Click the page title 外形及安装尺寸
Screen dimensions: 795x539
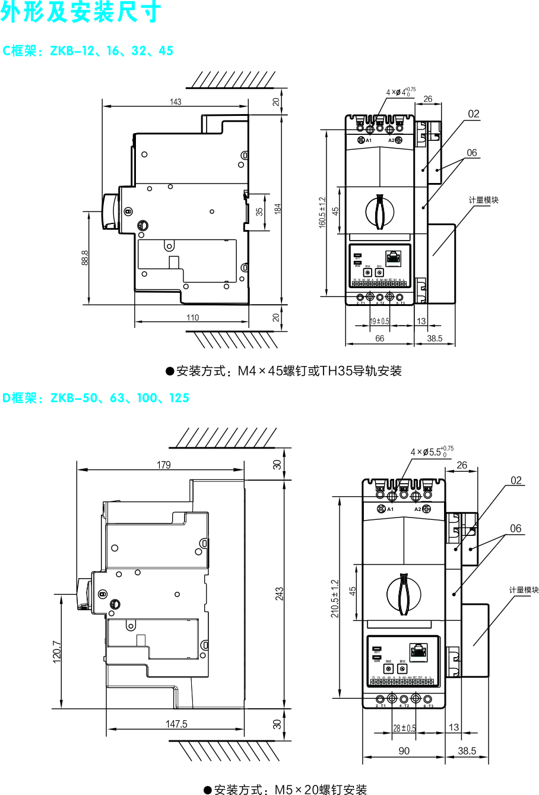(80, 13)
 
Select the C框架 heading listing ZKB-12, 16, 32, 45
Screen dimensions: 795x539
(88, 51)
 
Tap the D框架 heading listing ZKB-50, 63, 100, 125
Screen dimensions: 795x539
(96, 398)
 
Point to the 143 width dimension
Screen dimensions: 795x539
(175, 102)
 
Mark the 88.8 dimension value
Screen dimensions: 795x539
(85, 257)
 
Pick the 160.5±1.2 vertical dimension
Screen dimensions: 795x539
(322, 212)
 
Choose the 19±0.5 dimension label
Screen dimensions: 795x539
(380, 321)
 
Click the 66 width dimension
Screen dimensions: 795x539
(380, 339)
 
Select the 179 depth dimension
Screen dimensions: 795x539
(163, 465)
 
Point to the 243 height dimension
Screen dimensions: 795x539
(280, 594)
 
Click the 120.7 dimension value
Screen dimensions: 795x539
(57, 651)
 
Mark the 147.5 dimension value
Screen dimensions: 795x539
(176, 724)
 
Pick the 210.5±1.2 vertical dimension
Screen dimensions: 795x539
(334, 598)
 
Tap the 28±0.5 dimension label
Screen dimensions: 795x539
(404, 728)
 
